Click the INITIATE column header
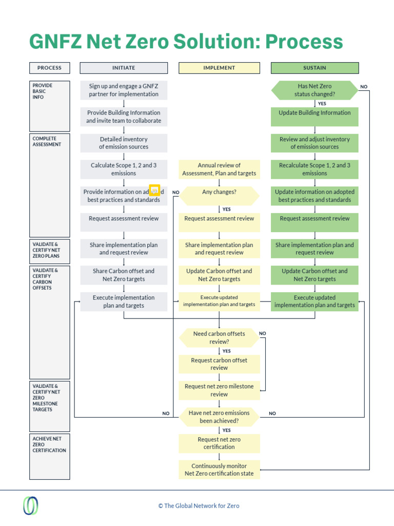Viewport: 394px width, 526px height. tap(124, 68)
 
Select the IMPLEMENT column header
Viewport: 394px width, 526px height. tap(219, 68)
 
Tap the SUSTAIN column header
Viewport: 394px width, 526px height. tap(314, 68)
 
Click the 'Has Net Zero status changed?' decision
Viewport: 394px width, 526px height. tap(314, 90)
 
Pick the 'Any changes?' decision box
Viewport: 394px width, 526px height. tap(219, 192)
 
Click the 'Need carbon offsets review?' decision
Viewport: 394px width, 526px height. tap(219, 337)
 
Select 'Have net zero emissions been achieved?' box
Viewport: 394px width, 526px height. tap(219, 417)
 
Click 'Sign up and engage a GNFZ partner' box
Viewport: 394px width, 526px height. tap(124, 90)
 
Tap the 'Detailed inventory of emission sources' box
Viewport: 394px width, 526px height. tap(124, 143)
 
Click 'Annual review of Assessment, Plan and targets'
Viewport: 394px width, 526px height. tap(219, 170)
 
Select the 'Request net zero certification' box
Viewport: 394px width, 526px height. tap(219, 443)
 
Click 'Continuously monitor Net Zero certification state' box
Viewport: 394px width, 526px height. tap(219, 469)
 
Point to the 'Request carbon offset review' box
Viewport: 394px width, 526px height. tap(219, 364)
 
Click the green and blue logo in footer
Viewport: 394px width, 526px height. tap(30, 505)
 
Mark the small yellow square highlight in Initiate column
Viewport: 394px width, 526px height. tap(154, 190)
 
